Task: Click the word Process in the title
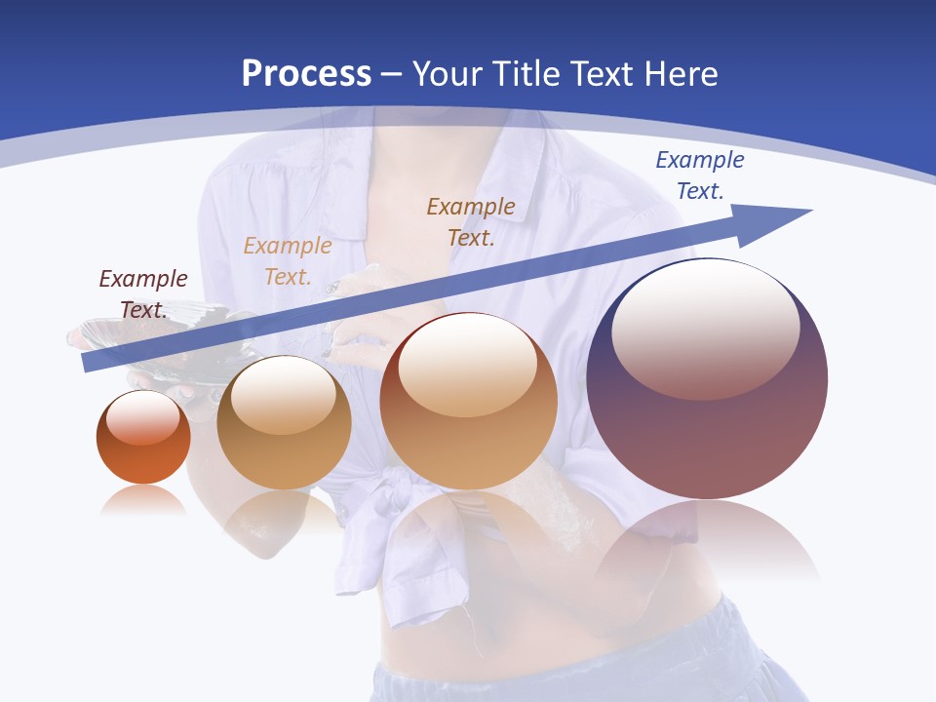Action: coord(306,74)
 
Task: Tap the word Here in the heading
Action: coord(679,74)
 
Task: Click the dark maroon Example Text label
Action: coord(143,293)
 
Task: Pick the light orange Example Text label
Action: coord(288,261)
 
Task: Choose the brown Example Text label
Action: coord(471,221)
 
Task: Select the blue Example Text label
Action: coord(699,175)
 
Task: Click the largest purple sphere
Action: coord(707,429)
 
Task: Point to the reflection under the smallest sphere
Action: coord(143,500)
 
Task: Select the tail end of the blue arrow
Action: coord(90,362)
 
